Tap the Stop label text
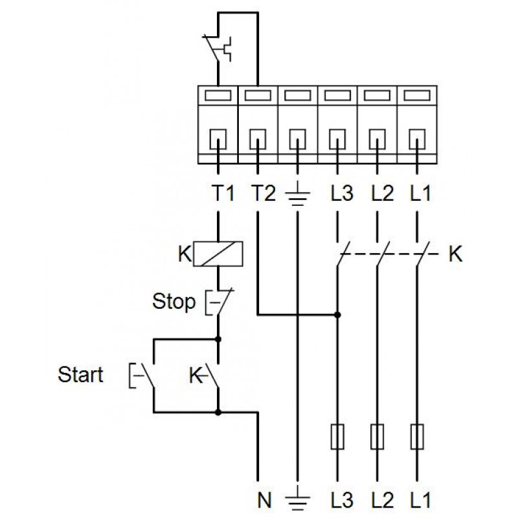tap(174, 302)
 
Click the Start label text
tap(80, 375)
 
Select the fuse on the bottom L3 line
tap(337, 437)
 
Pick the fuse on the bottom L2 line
tap(377, 437)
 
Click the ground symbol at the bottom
tap(297, 496)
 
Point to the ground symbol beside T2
tap(297, 194)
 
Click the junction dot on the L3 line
tap(337, 315)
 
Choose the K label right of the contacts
tap(455, 254)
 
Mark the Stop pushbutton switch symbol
tap(216, 301)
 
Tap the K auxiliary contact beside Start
tap(210, 375)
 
